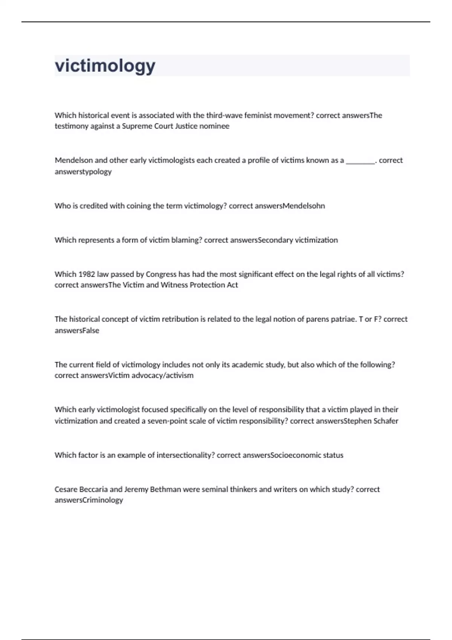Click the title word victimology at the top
click(x=105, y=66)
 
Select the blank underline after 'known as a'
click(x=360, y=161)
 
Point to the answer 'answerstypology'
click(x=83, y=172)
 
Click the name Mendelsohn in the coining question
click(x=304, y=206)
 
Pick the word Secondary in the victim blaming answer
click(x=275, y=240)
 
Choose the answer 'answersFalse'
click(x=77, y=331)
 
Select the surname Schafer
click(x=386, y=421)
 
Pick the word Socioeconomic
click(x=296, y=455)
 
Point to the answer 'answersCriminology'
click(x=89, y=500)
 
